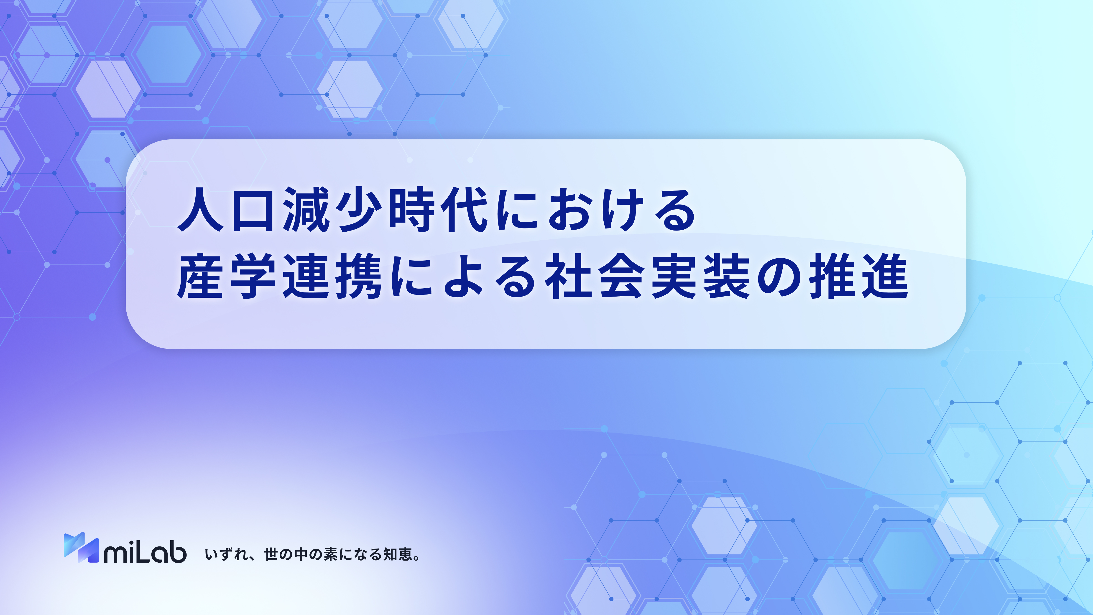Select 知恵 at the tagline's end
[x=398, y=554]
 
